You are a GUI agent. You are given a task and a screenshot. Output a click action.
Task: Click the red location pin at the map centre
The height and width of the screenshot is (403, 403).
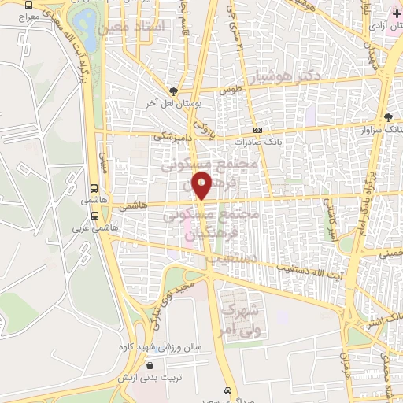click(x=202, y=186)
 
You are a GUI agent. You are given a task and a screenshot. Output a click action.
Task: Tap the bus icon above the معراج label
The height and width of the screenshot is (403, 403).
click(x=29, y=4)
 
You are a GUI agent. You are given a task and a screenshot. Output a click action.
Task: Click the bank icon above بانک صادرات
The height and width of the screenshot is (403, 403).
click(x=257, y=131)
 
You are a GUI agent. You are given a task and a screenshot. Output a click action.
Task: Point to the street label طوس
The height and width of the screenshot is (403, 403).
click(x=228, y=91)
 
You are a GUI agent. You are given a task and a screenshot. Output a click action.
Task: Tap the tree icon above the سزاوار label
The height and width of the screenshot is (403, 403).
click(x=387, y=116)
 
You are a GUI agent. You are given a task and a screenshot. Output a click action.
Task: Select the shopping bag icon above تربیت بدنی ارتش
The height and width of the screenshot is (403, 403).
click(x=150, y=364)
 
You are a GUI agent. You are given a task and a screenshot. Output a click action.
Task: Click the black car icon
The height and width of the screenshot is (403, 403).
click(x=228, y=390)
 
